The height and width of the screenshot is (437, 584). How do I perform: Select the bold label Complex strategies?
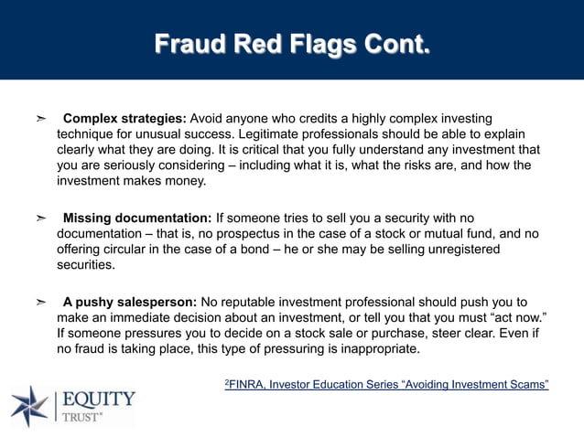pos(124,119)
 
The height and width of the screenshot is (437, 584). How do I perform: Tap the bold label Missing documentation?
pos(137,218)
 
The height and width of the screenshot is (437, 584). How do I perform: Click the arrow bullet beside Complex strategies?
pos(41,119)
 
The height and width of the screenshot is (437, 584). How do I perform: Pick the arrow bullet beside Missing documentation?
pos(41,218)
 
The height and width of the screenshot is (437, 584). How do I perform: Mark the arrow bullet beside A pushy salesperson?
pos(41,301)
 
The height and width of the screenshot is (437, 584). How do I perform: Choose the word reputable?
pos(249,301)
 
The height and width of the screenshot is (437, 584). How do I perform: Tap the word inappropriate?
pos(373,348)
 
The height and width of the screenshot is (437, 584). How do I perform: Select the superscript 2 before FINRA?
pos(227,382)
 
